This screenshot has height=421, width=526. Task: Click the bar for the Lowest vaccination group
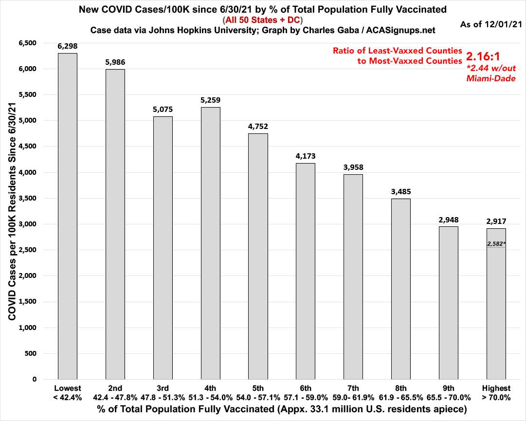(67, 216)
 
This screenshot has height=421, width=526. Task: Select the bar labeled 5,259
(210, 243)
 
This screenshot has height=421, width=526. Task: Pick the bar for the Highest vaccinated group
(496, 311)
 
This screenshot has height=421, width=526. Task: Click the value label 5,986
(115, 62)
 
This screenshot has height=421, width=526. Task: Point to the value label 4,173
(306, 156)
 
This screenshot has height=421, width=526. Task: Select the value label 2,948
(449, 220)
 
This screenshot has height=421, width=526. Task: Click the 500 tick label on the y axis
(31, 353)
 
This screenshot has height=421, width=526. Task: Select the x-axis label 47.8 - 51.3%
(163, 397)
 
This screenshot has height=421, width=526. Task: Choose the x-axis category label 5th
(258, 388)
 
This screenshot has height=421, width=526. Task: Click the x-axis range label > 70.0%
(496, 397)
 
